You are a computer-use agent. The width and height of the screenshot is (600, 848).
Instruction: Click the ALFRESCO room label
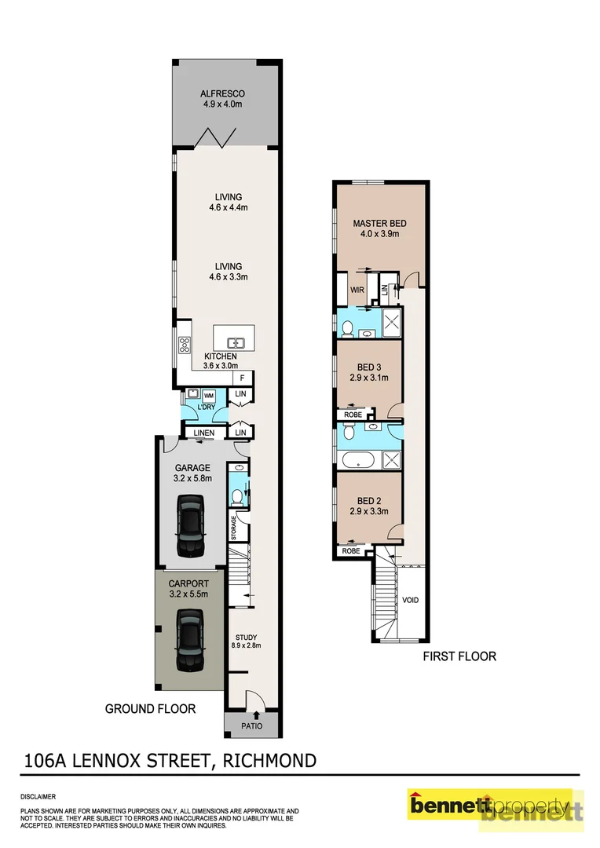(223, 93)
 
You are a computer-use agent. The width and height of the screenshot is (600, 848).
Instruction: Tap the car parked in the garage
(189, 525)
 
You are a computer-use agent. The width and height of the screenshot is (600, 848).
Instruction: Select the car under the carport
(189, 641)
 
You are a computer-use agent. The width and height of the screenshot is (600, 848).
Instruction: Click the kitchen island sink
(235, 342)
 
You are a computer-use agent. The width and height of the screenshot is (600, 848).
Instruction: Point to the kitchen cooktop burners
(185, 344)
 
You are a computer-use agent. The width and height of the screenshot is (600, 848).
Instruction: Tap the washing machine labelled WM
(209, 395)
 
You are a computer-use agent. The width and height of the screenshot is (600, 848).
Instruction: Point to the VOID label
(410, 600)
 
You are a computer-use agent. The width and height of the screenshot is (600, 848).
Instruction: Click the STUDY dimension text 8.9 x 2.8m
(246, 645)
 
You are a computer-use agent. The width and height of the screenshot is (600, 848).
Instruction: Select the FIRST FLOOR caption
(459, 656)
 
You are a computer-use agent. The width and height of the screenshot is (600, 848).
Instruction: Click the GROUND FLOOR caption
(150, 708)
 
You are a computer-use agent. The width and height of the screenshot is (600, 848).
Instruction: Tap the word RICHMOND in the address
(270, 760)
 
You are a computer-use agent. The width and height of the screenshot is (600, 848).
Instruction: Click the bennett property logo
(495, 807)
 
